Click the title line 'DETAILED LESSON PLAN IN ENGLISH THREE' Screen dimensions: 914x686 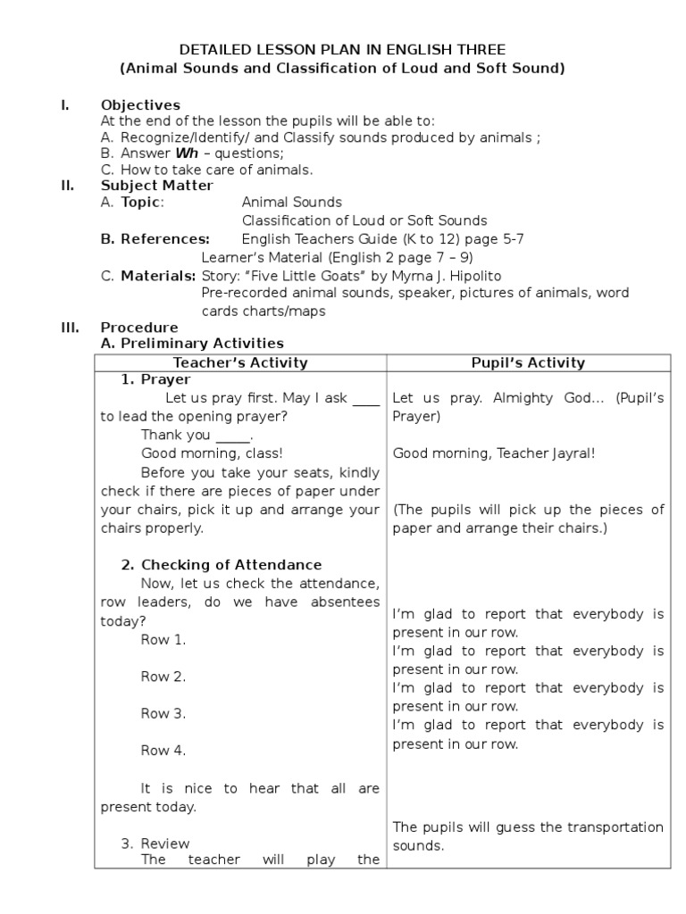[x=343, y=50]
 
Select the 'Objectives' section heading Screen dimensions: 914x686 [x=140, y=105]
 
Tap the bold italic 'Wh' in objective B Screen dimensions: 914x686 [x=186, y=154]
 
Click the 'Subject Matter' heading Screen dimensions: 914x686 [x=156, y=186]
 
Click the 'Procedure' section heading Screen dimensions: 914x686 [x=138, y=328]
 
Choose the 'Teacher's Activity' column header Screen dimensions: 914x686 [x=239, y=362]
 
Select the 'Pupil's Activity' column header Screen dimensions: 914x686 [x=528, y=362]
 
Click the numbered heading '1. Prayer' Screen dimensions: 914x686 [x=155, y=380]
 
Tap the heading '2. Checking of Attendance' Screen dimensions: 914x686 [x=222, y=565]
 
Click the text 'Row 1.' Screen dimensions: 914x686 [x=163, y=639]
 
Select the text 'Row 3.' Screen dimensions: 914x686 [x=163, y=713]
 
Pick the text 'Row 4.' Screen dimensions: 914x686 [x=163, y=751]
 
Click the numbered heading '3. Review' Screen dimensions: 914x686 [x=155, y=843]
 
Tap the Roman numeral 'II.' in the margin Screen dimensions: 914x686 [x=67, y=186]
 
